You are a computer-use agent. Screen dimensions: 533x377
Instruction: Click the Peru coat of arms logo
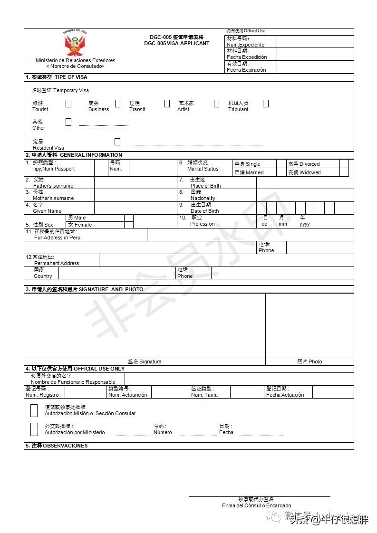[x=75, y=44]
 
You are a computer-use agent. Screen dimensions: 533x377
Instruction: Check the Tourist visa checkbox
[x=68, y=104]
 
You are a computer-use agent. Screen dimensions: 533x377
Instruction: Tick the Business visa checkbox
[x=117, y=104]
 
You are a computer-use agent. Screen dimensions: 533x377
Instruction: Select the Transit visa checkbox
[x=167, y=104]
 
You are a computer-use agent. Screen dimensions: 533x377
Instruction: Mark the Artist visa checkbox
[x=216, y=104]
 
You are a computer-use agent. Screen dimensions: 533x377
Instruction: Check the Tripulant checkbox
[x=266, y=104]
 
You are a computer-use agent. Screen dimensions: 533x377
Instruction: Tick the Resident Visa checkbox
[x=117, y=142]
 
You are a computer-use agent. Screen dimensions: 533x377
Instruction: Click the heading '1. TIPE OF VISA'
[x=56, y=77]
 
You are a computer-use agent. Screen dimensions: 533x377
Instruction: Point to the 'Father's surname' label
[x=53, y=186]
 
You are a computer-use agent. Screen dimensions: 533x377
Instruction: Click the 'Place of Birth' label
[x=205, y=186]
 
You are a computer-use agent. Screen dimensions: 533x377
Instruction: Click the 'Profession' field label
[x=202, y=224]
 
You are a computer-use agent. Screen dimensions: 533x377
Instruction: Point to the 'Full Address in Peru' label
[x=57, y=238]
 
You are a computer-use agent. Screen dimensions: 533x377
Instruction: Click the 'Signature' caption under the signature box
[x=145, y=362]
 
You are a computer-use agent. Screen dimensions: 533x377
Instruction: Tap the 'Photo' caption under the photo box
[x=309, y=362]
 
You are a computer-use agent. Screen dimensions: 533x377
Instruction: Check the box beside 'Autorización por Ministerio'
[x=34, y=429]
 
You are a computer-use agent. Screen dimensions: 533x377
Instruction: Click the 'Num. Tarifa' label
[x=204, y=395]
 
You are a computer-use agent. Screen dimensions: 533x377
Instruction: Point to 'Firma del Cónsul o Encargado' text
[x=256, y=505]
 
